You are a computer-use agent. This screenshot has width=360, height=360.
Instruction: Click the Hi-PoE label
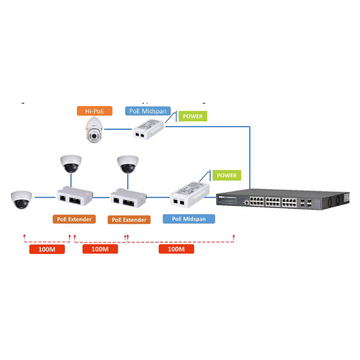pyautogui.click(x=95, y=111)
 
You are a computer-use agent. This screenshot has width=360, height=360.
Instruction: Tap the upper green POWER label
pyautogui.click(x=192, y=116)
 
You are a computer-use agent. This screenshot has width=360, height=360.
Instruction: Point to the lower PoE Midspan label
pyautogui.click(x=189, y=217)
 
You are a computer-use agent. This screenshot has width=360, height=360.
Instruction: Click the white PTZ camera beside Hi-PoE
pyautogui.click(x=96, y=130)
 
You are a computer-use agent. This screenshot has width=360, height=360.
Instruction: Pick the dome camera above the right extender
pyautogui.click(x=128, y=165)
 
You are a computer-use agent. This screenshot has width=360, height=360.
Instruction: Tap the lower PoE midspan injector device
pyautogui.click(x=190, y=190)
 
